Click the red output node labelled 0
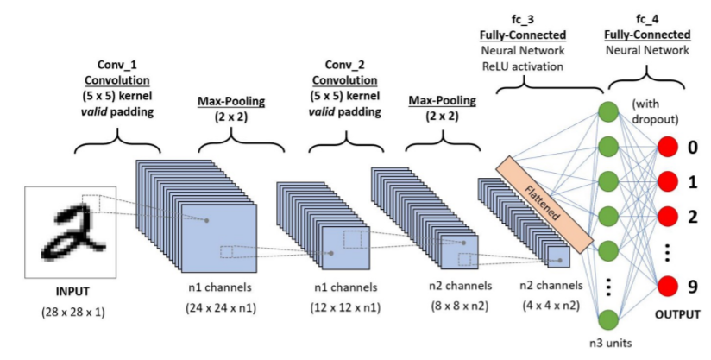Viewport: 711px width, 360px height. [x=668, y=147]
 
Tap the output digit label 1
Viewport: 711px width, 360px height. [x=694, y=180]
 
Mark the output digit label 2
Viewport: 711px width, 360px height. [x=694, y=214]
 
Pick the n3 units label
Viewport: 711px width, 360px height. [x=610, y=344]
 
